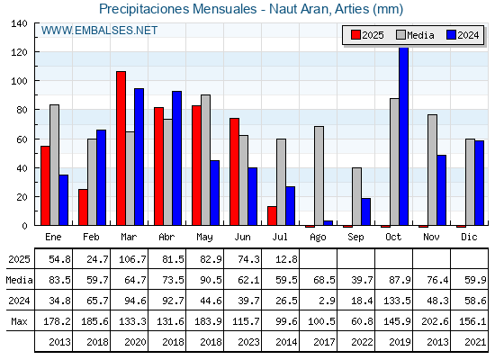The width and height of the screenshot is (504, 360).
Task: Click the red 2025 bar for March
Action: click(121, 148)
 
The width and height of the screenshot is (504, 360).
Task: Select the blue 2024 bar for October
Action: click(404, 136)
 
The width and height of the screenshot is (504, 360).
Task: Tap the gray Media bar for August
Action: click(319, 175)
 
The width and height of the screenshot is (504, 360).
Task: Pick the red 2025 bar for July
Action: click(272, 216)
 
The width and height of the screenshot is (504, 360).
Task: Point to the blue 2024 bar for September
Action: click(365, 211)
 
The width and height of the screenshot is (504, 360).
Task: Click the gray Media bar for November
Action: click(432, 170)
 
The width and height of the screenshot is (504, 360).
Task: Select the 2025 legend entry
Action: click(367, 35)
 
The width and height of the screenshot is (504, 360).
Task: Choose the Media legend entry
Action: click(415, 35)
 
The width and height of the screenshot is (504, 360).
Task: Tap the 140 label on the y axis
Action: click(19, 23)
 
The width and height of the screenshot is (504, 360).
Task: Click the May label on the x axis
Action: click(205, 238)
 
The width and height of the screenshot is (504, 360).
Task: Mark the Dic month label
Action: click(469, 237)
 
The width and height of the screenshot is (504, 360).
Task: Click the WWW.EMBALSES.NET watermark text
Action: click(99, 31)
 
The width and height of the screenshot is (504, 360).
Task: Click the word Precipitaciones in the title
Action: click(144, 9)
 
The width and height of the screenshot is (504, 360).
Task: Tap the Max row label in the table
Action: click(19, 321)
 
